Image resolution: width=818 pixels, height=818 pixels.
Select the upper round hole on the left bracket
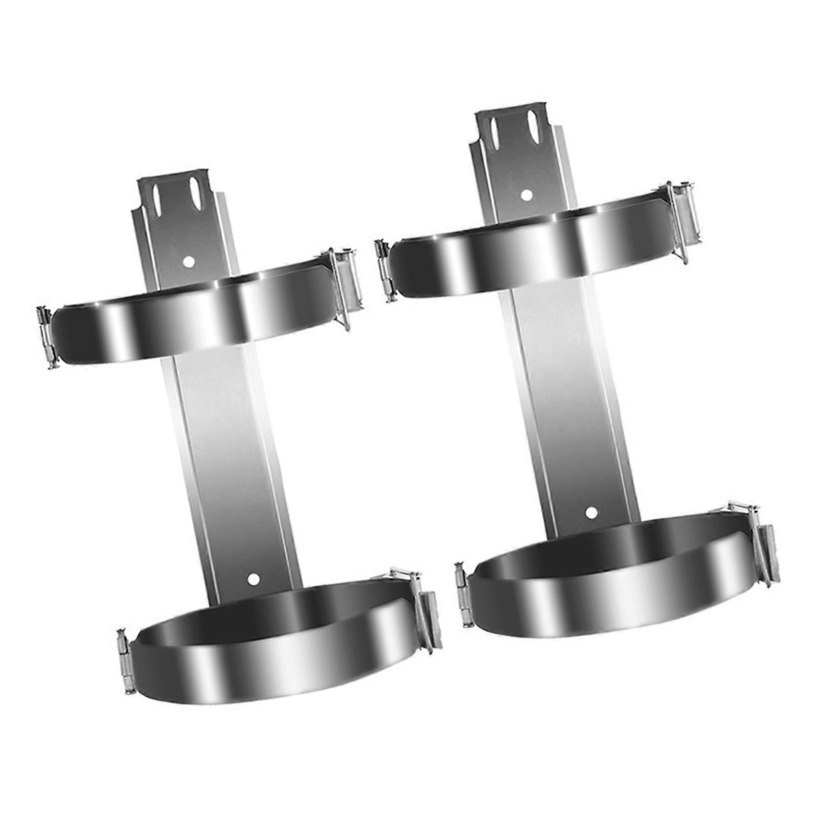coord(189,261)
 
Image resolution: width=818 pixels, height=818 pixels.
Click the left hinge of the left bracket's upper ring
coord(48,338)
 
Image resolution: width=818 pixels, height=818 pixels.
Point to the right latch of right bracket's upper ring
coord(683,221)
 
